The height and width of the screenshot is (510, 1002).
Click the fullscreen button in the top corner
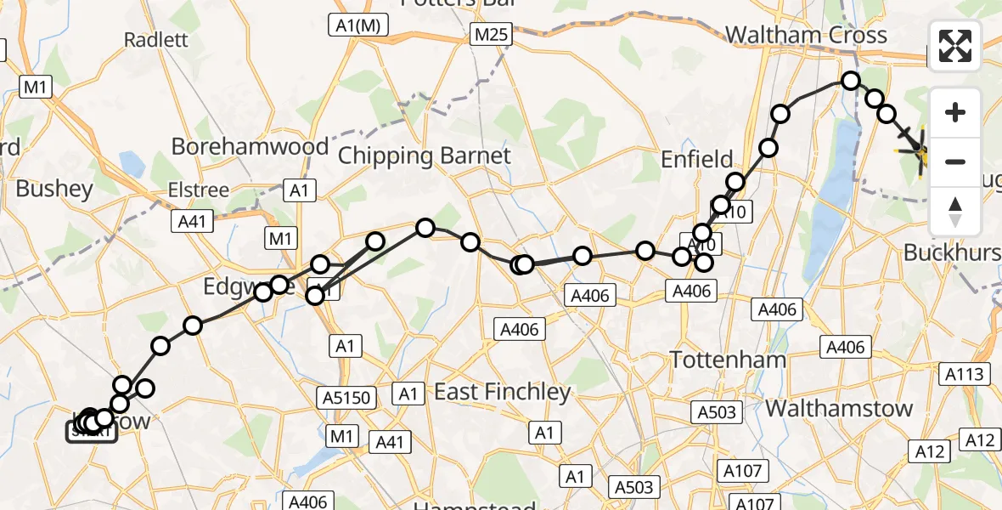click(955, 46)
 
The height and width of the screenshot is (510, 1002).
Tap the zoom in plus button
click(955, 112)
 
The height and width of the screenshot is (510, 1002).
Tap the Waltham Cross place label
click(806, 36)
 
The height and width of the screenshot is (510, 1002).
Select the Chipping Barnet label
click(425, 156)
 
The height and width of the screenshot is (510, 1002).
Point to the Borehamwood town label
click(250, 146)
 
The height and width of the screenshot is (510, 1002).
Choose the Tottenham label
click(729, 360)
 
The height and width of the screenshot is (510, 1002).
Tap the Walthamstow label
click(839, 408)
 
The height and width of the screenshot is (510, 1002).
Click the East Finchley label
click(503, 392)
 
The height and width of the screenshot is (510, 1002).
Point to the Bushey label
click(53, 189)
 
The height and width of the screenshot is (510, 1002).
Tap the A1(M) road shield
click(359, 26)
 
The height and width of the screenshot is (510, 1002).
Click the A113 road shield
click(962, 374)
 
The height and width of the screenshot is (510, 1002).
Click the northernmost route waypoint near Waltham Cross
click(851, 81)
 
